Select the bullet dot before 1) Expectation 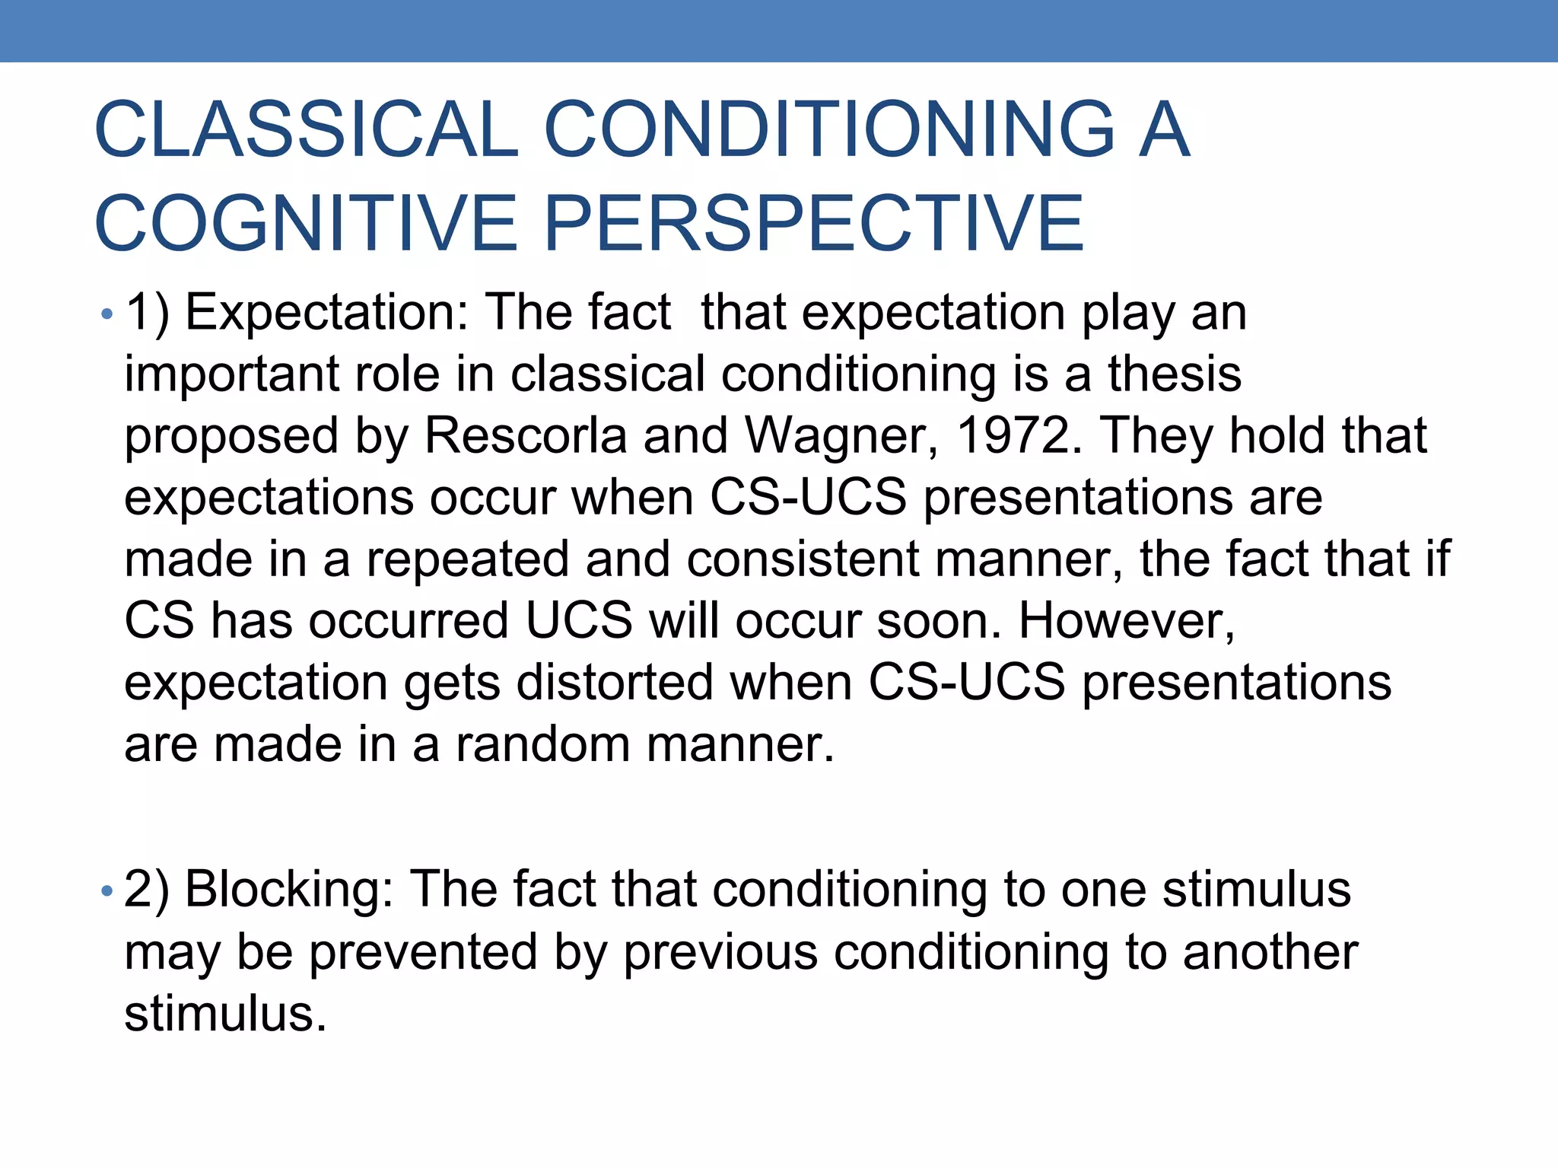(x=107, y=314)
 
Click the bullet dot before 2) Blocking (x=107, y=890)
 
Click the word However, (x=1126, y=620)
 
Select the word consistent (x=803, y=559)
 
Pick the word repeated (x=468, y=559)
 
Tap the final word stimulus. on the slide (x=225, y=1014)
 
